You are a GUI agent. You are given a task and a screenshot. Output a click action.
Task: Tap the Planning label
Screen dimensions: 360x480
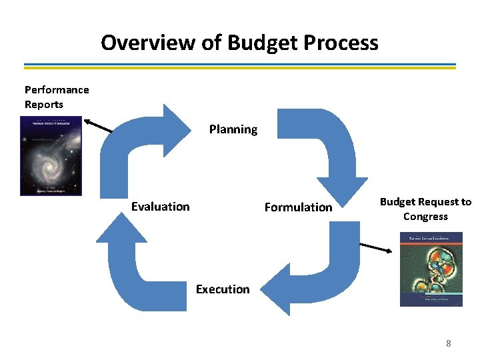click(233, 129)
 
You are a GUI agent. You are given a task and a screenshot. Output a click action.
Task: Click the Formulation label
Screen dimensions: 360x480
click(298, 207)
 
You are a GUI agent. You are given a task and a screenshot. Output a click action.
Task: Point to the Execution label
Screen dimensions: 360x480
click(223, 289)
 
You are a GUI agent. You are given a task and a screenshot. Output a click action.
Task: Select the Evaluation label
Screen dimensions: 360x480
click(160, 207)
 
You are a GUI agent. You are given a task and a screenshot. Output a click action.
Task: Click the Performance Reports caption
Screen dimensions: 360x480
click(56, 97)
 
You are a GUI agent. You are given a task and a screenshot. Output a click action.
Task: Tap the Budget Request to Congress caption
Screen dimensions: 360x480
click(425, 209)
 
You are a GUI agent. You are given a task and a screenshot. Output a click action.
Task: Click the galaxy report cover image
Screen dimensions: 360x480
click(51, 155)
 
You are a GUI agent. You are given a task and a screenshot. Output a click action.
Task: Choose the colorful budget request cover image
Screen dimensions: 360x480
click(431, 269)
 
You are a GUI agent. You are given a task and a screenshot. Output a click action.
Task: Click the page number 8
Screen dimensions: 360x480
click(448, 343)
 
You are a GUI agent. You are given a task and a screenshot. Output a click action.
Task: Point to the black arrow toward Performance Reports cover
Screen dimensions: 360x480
click(98, 126)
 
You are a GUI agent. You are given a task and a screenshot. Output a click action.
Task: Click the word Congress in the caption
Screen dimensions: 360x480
click(425, 217)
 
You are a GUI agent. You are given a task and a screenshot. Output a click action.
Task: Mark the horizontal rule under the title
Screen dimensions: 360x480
click(240, 66)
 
